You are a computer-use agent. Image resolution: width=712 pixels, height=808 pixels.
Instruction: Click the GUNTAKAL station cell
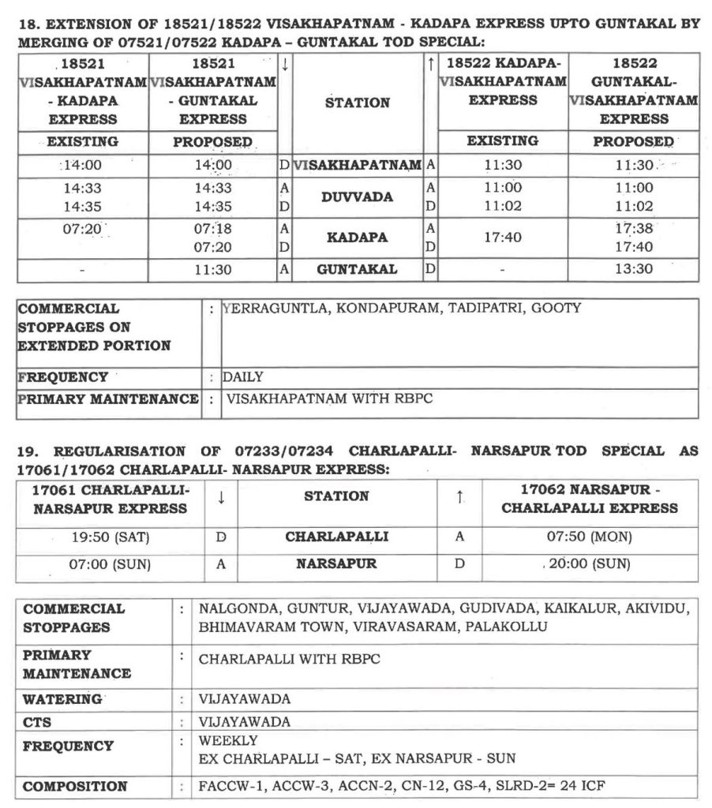(357, 269)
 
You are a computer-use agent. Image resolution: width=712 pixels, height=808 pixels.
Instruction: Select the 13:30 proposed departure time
(634, 269)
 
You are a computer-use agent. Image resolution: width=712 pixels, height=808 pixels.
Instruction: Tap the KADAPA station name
(357, 237)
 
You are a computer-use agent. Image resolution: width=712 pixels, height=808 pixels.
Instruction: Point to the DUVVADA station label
(357, 197)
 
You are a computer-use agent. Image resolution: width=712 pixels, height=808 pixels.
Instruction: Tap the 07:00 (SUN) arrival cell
(110, 564)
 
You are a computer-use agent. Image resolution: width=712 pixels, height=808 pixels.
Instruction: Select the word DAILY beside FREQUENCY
(243, 377)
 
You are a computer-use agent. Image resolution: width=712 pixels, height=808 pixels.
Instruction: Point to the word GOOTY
(556, 309)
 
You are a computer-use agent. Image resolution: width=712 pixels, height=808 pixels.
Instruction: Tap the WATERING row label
(62, 699)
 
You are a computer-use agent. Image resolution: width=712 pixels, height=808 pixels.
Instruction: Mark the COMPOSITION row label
(75, 786)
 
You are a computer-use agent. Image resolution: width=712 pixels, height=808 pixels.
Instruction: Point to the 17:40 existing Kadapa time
(502, 237)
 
